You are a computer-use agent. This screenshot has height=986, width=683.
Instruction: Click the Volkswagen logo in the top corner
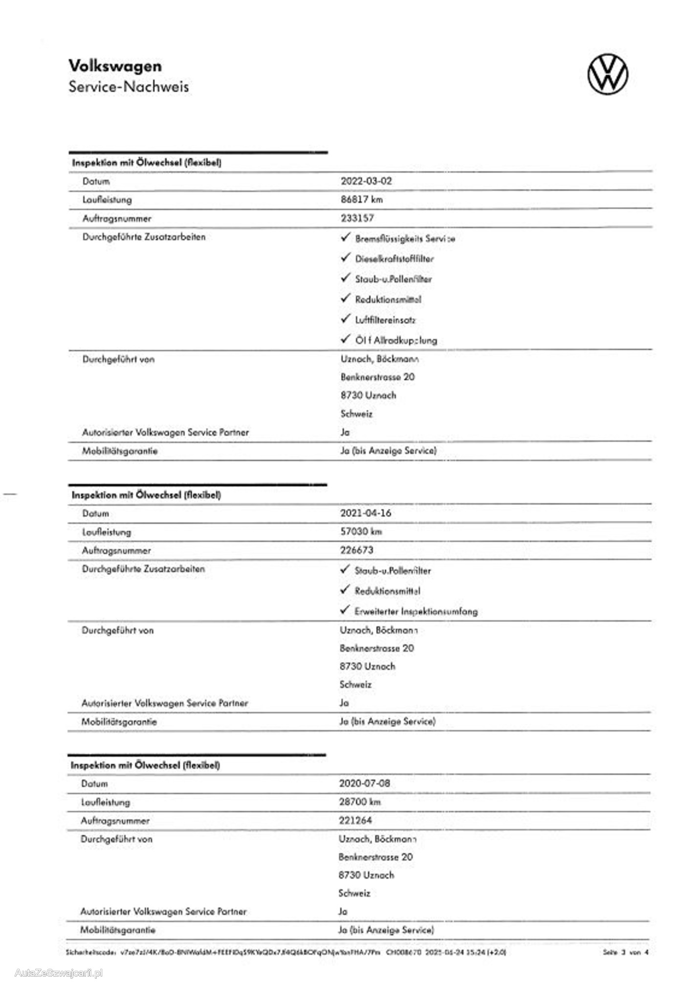608,74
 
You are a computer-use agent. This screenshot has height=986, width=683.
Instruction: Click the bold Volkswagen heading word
115,66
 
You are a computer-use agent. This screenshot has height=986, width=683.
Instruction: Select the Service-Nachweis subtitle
129,87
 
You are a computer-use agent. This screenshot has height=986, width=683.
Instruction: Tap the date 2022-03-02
366,181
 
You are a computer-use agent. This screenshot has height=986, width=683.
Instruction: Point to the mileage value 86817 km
361,200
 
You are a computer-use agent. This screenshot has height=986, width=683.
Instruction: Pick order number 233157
357,218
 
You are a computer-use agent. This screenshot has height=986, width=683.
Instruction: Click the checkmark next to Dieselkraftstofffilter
346,258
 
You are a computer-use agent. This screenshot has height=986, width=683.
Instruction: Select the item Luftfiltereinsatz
385,320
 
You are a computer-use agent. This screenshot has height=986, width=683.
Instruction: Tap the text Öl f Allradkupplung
396,340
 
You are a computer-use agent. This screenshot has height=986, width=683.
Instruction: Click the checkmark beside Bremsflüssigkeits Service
346,237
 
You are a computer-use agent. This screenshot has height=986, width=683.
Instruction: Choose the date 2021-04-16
366,513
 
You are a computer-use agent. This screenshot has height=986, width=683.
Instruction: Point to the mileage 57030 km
361,532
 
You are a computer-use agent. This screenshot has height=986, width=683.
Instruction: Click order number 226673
357,550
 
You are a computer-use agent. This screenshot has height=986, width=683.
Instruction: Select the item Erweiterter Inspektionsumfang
416,611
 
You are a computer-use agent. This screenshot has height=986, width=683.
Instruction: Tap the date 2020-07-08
365,783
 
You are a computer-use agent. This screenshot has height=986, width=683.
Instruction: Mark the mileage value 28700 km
360,802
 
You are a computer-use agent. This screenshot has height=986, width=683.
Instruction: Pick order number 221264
355,820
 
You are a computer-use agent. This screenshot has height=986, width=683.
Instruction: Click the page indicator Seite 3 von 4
626,952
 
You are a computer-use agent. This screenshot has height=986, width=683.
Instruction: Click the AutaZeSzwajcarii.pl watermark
59,973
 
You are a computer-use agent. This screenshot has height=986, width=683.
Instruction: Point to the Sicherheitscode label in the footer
91,952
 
